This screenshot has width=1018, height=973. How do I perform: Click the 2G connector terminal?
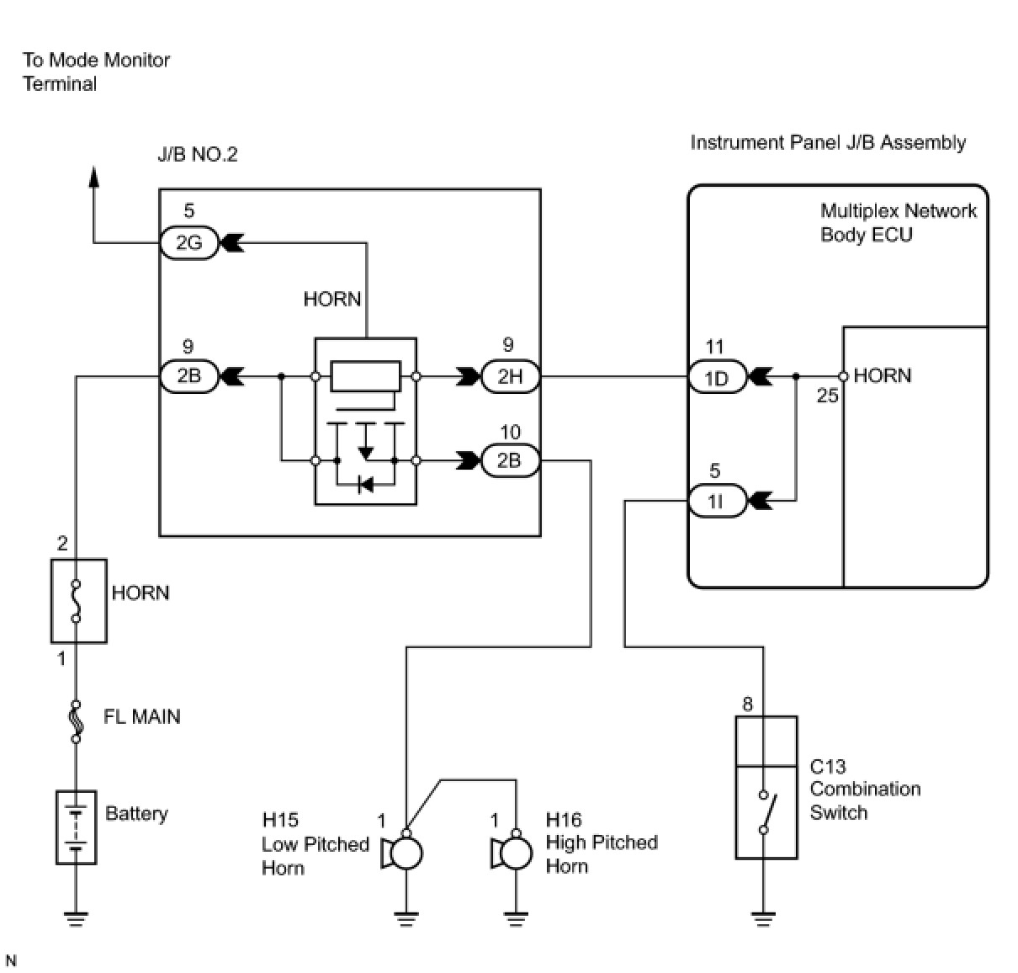[188, 242]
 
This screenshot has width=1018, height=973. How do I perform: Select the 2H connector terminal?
[510, 375]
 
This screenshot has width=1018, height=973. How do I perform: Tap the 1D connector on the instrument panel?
[717, 377]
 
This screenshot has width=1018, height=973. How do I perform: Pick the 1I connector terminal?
[717, 501]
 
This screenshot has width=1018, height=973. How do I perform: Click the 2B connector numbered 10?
[510, 460]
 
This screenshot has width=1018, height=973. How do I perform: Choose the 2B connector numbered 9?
[188, 375]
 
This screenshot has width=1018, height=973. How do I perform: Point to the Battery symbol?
[77, 827]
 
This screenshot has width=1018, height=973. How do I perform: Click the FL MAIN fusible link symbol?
[77, 721]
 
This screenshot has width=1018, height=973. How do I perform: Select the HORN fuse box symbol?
[78, 601]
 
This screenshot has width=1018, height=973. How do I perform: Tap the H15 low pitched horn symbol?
[403, 853]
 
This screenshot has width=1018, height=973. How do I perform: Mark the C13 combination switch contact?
[766, 812]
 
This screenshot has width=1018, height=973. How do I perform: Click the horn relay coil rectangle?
[366, 375]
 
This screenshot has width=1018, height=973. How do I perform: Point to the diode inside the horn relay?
[366, 485]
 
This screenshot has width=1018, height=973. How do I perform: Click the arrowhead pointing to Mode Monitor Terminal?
[93, 177]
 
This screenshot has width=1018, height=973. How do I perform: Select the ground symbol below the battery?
[77, 920]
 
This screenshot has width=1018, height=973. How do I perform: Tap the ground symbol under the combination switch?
[763, 920]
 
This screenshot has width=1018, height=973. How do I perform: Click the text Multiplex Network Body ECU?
[898, 222]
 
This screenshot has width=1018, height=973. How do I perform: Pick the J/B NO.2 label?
[197, 154]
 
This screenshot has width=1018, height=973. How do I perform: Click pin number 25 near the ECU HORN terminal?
[828, 396]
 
